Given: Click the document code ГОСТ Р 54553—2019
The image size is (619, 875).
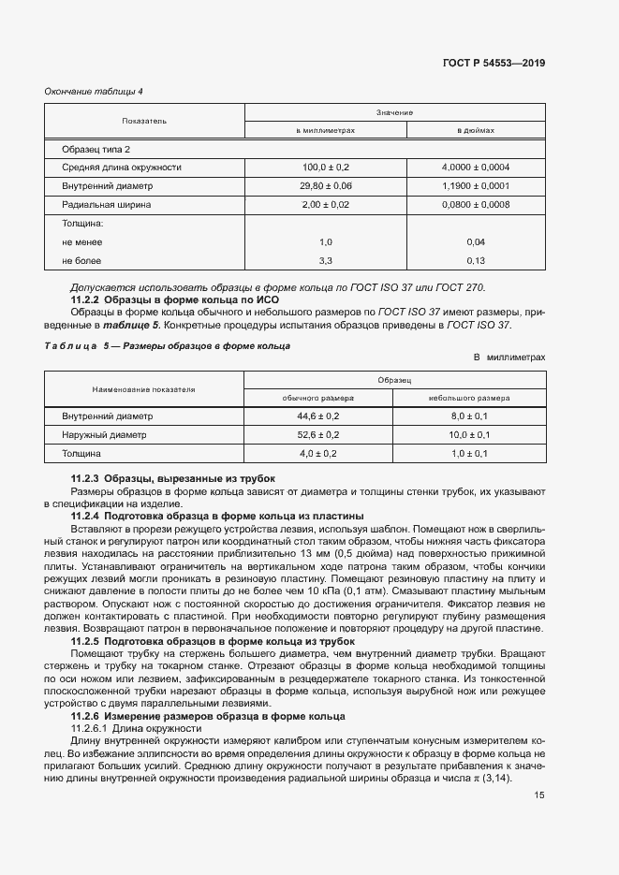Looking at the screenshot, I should [494, 63].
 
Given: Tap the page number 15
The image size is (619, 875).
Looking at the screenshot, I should [538, 795].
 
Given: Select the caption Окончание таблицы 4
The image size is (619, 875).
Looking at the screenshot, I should [94, 91].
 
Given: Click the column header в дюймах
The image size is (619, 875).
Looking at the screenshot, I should [476, 130].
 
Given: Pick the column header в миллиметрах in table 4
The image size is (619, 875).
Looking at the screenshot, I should [325, 130].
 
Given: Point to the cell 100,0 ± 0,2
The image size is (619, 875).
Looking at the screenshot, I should [325, 168].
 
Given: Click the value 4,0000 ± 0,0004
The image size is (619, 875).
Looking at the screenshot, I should [476, 168].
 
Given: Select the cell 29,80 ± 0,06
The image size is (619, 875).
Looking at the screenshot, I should [325, 185].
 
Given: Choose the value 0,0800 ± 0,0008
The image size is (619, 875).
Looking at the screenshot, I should [476, 204].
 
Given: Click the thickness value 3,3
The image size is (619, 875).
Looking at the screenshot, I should [325, 260].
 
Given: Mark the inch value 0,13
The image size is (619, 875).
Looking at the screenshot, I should [476, 260].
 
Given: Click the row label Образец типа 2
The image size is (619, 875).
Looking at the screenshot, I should [96, 149].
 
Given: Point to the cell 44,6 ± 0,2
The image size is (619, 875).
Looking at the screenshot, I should [318, 416].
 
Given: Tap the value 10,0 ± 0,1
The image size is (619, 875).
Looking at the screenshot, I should [469, 434].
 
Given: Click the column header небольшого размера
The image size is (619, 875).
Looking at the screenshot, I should [469, 398].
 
